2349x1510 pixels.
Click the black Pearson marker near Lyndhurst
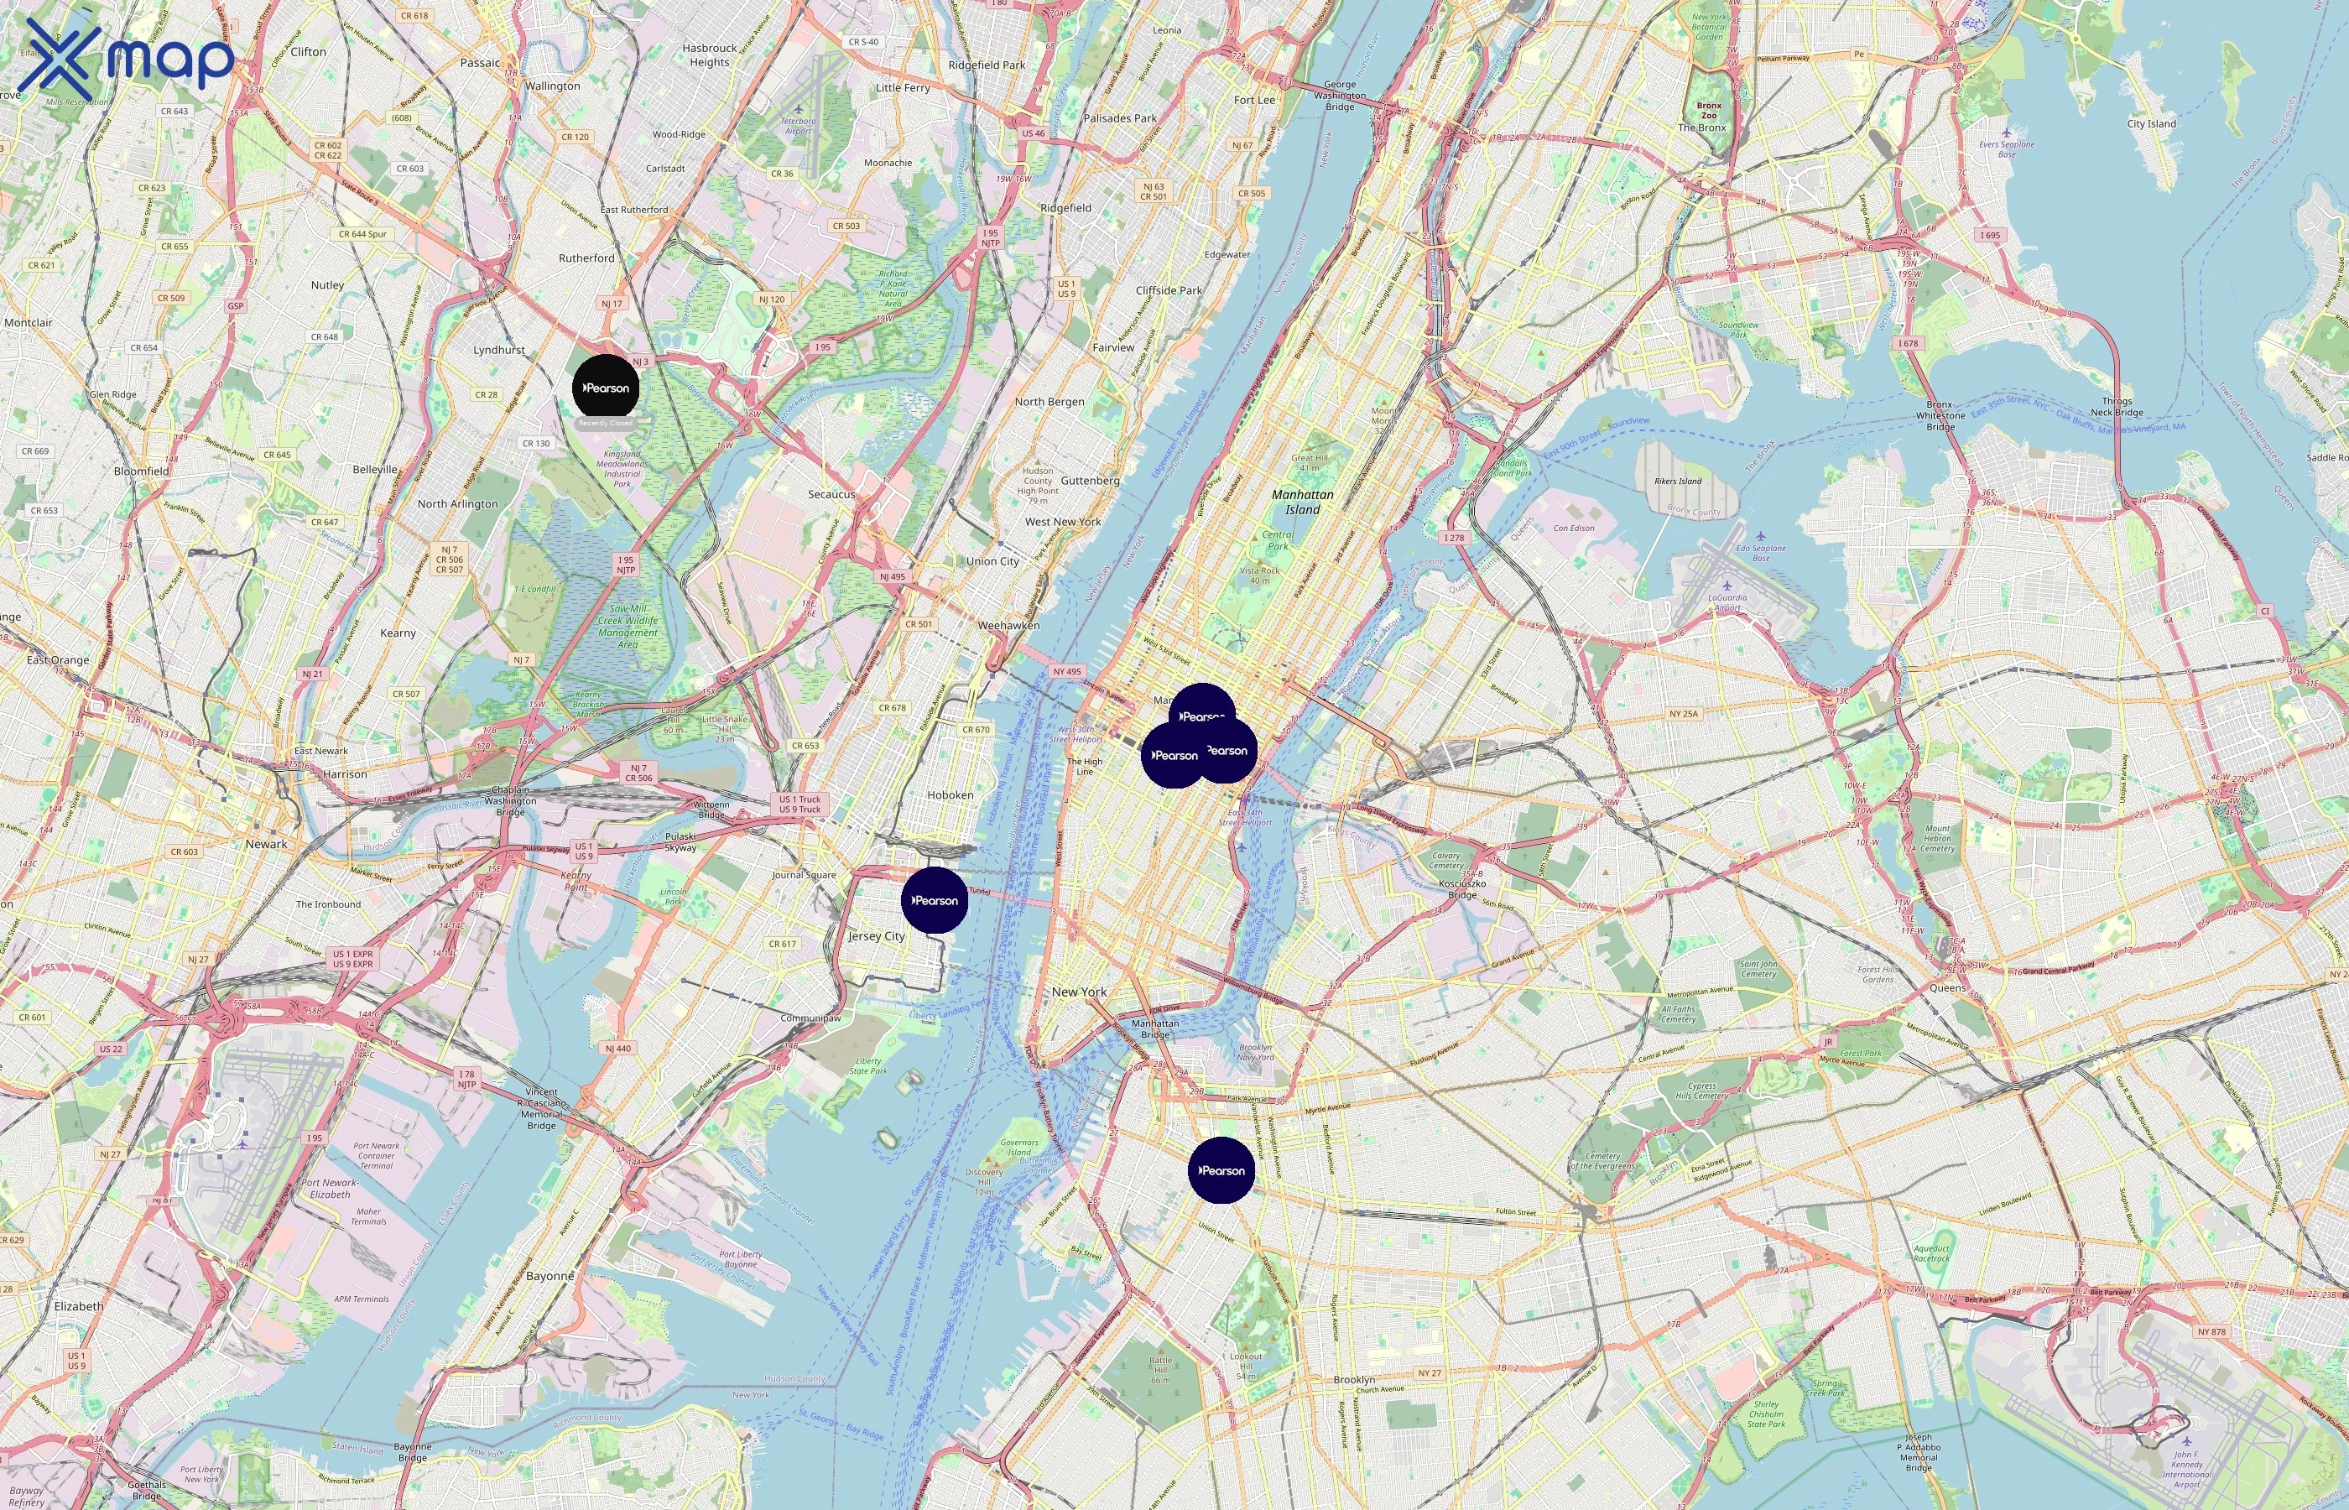pyautogui.click(x=606, y=388)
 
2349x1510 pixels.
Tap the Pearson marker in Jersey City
pyautogui.click(x=935, y=899)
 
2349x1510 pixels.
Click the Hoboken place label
pyautogui.click(x=950, y=794)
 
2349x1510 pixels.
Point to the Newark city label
pyautogui.click(x=267, y=843)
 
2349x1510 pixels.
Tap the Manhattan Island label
pyautogui.click(x=1302, y=502)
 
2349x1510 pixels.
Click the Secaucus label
pyautogui.click(x=831, y=494)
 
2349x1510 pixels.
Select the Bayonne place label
pyautogui.click(x=550, y=1276)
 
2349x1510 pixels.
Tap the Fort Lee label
pyautogui.click(x=1254, y=100)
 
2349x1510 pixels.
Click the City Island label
pyautogui.click(x=2151, y=123)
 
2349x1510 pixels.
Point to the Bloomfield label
pyautogui.click(x=141, y=471)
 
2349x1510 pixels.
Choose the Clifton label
pyautogui.click(x=308, y=51)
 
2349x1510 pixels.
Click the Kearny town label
pyautogui.click(x=398, y=633)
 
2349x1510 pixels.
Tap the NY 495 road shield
pyautogui.click(x=1066, y=672)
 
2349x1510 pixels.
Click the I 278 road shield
pyautogui.click(x=1454, y=538)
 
